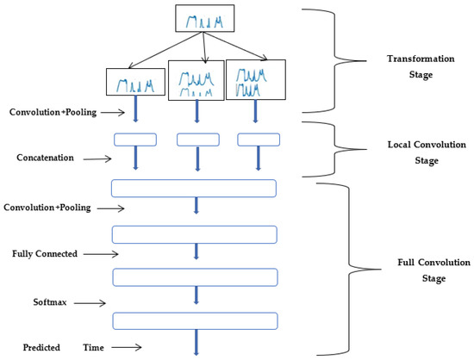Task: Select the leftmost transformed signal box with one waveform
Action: coord(134,82)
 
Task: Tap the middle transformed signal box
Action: coord(197,78)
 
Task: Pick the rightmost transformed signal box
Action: coord(255,78)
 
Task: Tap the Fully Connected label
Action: coord(45,255)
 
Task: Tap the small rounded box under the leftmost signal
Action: coord(134,140)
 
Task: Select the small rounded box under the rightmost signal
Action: coord(259,140)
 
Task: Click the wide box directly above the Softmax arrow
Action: coord(194,277)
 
